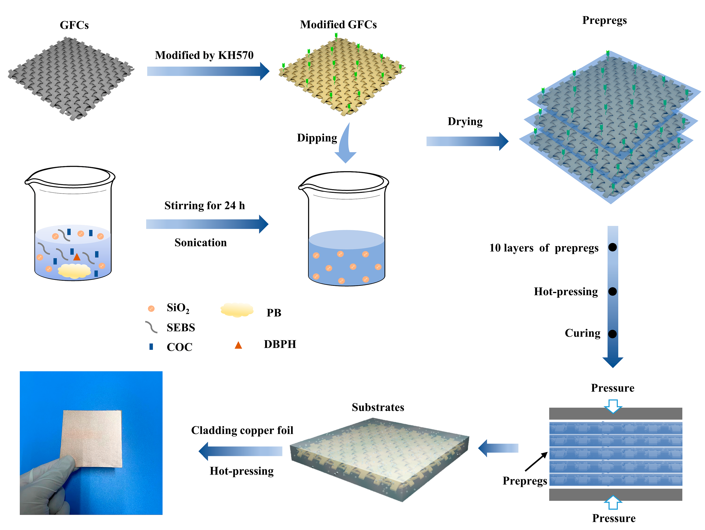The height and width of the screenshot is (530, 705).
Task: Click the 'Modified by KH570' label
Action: click(x=204, y=55)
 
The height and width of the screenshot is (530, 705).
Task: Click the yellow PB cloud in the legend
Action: click(x=237, y=310)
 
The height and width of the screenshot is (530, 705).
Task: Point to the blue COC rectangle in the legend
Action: click(x=151, y=346)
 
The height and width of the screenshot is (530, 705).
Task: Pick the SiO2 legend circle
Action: click(x=151, y=308)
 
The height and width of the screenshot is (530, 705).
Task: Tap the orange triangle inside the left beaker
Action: click(x=77, y=257)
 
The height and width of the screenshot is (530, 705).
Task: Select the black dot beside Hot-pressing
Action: click(x=612, y=291)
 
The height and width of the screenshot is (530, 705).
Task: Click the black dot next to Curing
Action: click(x=612, y=334)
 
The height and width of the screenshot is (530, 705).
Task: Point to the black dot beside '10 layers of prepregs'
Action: click(x=612, y=247)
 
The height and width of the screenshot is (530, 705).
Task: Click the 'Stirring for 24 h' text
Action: click(x=205, y=206)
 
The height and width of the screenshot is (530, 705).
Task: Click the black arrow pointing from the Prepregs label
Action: click(x=536, y=461)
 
